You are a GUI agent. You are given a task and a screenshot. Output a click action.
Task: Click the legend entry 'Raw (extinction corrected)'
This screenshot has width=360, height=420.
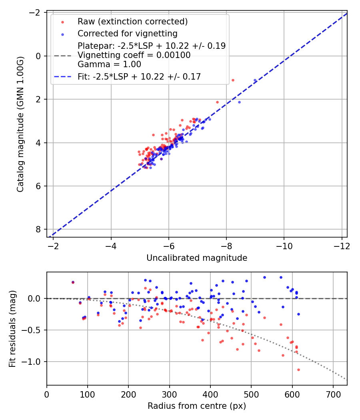click(132, 21)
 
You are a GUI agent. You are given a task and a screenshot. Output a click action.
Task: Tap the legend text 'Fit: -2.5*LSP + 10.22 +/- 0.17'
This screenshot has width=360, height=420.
click(139, 76)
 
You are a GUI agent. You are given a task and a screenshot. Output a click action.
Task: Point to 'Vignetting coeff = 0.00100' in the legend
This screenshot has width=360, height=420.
click(134, 55)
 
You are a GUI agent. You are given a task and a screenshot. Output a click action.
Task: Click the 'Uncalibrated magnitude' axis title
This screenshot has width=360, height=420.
click(196, 258)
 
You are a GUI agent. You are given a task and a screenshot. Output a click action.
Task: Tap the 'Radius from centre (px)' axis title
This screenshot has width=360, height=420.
click(196, 406)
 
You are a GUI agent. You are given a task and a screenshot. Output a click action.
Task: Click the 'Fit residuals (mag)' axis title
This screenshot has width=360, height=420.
click(12, 328)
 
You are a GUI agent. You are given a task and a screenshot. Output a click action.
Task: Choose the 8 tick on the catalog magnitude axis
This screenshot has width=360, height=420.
click(38, 229)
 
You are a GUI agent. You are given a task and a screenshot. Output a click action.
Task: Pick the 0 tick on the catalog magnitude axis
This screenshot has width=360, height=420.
click(38, 56)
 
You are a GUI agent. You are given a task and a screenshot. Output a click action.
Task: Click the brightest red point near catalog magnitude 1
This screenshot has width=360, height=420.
click(233, 80)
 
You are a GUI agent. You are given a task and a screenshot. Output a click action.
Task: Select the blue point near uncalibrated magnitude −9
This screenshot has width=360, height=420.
click(255, 80)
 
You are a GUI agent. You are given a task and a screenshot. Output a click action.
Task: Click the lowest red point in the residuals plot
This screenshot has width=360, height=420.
click(298, 370)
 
